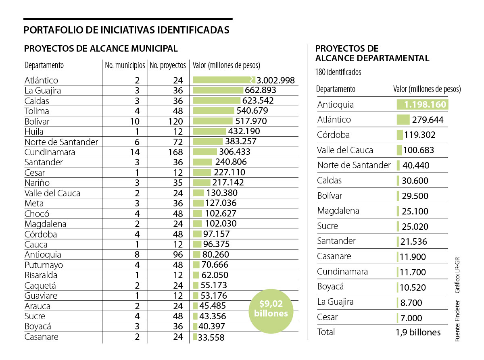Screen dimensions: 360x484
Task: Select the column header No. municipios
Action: tap(125, 65)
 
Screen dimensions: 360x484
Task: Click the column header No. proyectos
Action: tap(168, 65)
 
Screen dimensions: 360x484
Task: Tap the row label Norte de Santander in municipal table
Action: tap(61, 142)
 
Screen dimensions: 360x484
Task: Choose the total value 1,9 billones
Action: tap(418, 333)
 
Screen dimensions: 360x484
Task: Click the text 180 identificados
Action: tap(338, 73)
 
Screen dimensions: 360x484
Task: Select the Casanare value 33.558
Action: tap(211, 337)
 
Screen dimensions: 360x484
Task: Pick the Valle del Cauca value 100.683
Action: tap(418, 150)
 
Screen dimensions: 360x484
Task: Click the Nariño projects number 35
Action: tap(178, 183)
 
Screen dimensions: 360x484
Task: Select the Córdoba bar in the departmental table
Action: tap(400, 135)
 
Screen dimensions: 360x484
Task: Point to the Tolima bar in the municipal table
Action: tap(213, 111)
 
